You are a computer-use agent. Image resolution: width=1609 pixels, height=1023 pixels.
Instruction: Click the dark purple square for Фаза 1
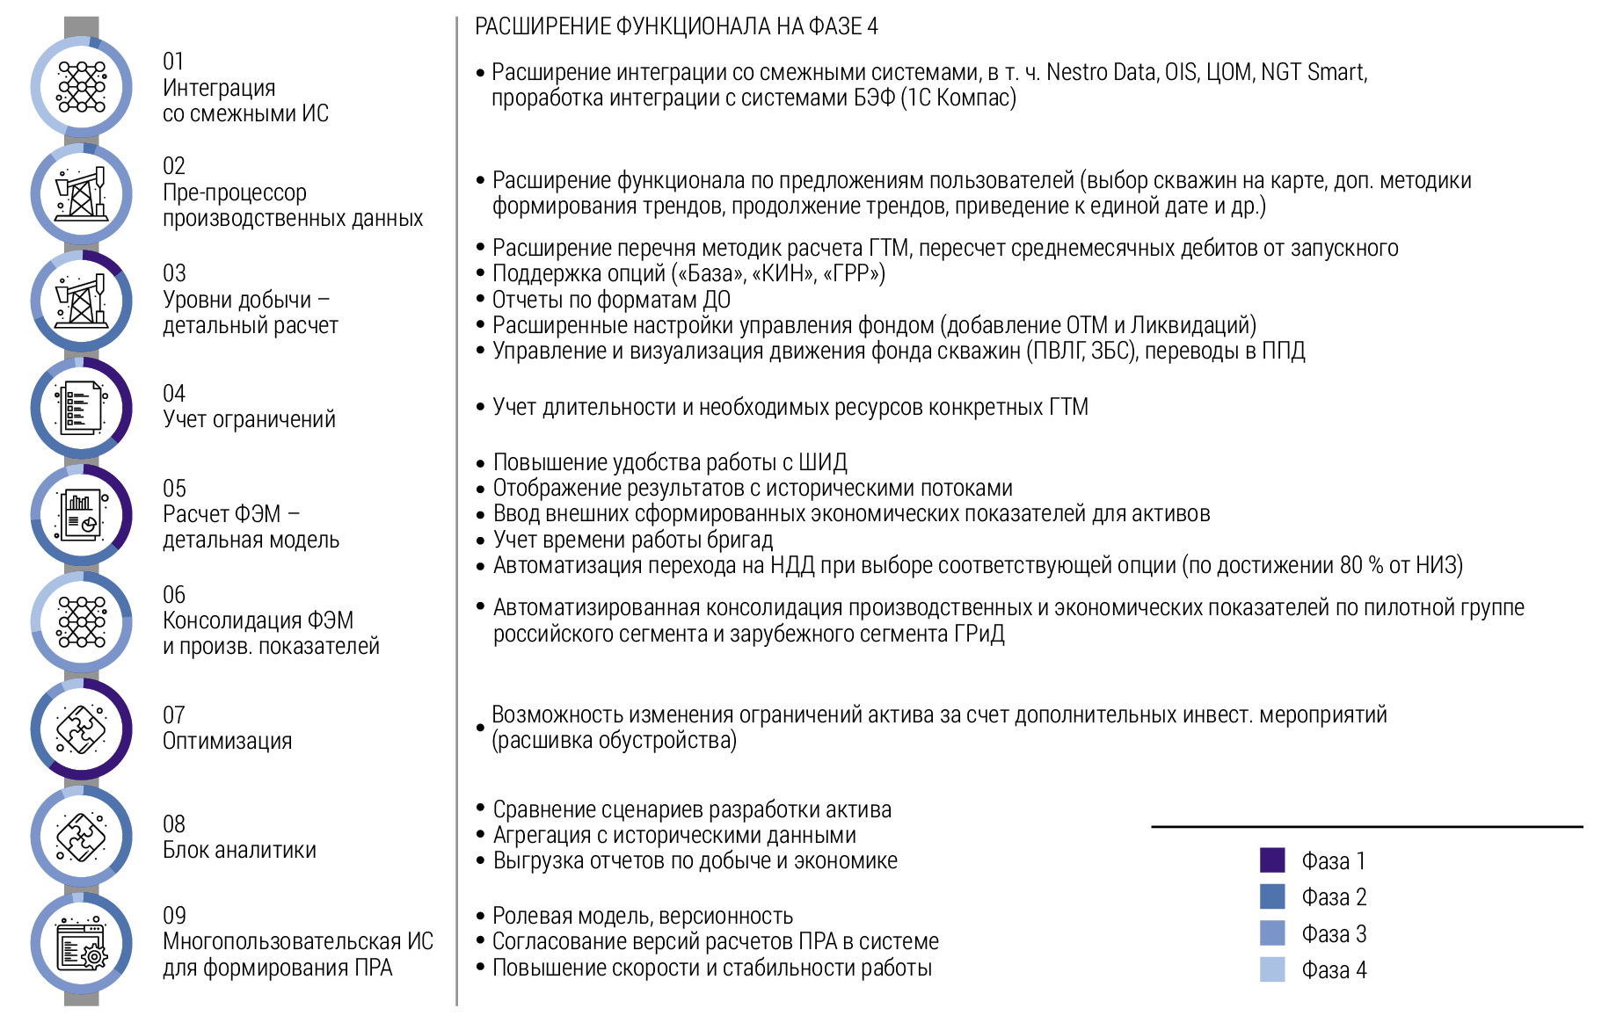tap(1272, 860)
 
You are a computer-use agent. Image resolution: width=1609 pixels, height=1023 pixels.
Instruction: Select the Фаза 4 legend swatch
tap(1272, 969)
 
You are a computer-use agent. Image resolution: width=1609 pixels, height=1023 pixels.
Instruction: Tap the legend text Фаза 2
tap(1334, 897)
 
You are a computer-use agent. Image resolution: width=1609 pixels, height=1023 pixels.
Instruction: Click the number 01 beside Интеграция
tap(173, 62)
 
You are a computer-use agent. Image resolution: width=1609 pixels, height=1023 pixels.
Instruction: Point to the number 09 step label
tap(174, 916)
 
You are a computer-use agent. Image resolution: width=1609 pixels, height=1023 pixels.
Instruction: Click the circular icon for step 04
tap(82, 408)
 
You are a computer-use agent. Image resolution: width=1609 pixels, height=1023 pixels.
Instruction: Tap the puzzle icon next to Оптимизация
tap(82, 729)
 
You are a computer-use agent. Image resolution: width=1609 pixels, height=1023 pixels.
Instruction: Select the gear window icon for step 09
tap(82, 944)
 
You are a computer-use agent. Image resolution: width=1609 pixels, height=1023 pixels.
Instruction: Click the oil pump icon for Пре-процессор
tap(82, 193)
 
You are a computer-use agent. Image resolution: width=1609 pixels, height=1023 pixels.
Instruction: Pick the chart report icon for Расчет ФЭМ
tap(82, 515)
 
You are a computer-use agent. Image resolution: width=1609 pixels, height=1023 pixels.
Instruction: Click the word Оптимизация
tap(227, 741)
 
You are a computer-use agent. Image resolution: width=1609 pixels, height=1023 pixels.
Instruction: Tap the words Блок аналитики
tap(239, 850)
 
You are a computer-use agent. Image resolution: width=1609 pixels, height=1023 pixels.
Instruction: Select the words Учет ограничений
tap(249, 419)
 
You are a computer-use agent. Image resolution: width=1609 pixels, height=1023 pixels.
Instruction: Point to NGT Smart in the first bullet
tap(1314, 72)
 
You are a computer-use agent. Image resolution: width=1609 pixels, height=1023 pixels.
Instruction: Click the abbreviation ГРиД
tap(979, 634)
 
